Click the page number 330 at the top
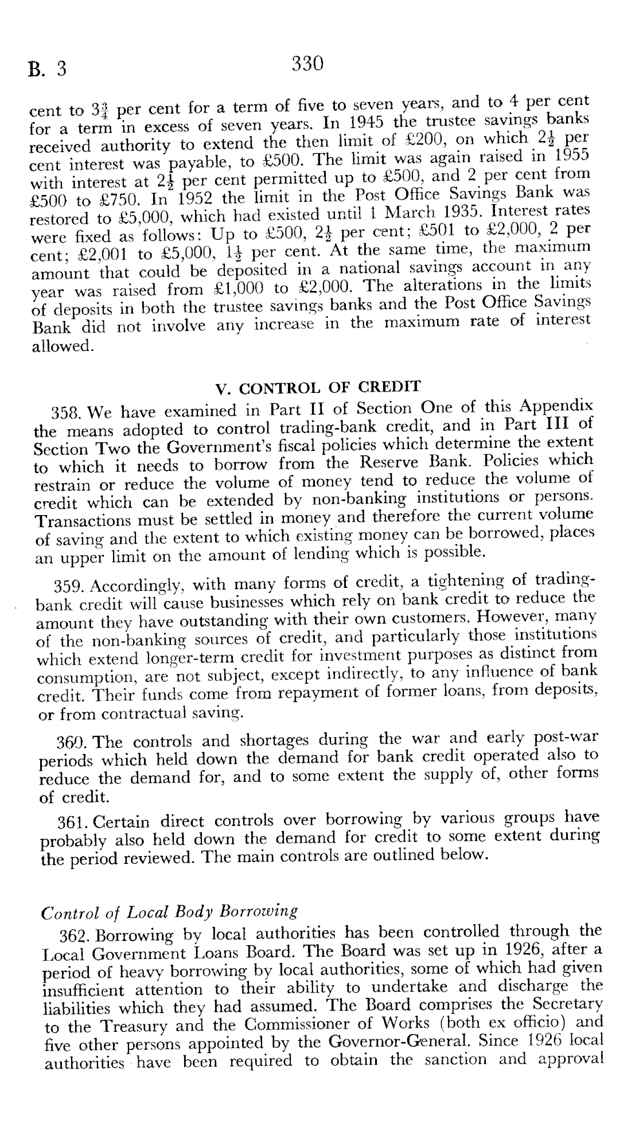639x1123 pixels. pyautogui.click(x=308, y=63)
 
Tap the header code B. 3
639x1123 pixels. pyautogui.click(x=48, y=69)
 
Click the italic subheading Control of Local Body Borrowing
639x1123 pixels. pyautogui.click(x=170, y=911)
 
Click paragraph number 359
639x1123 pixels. pyautogui.click(x=71, y=586)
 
